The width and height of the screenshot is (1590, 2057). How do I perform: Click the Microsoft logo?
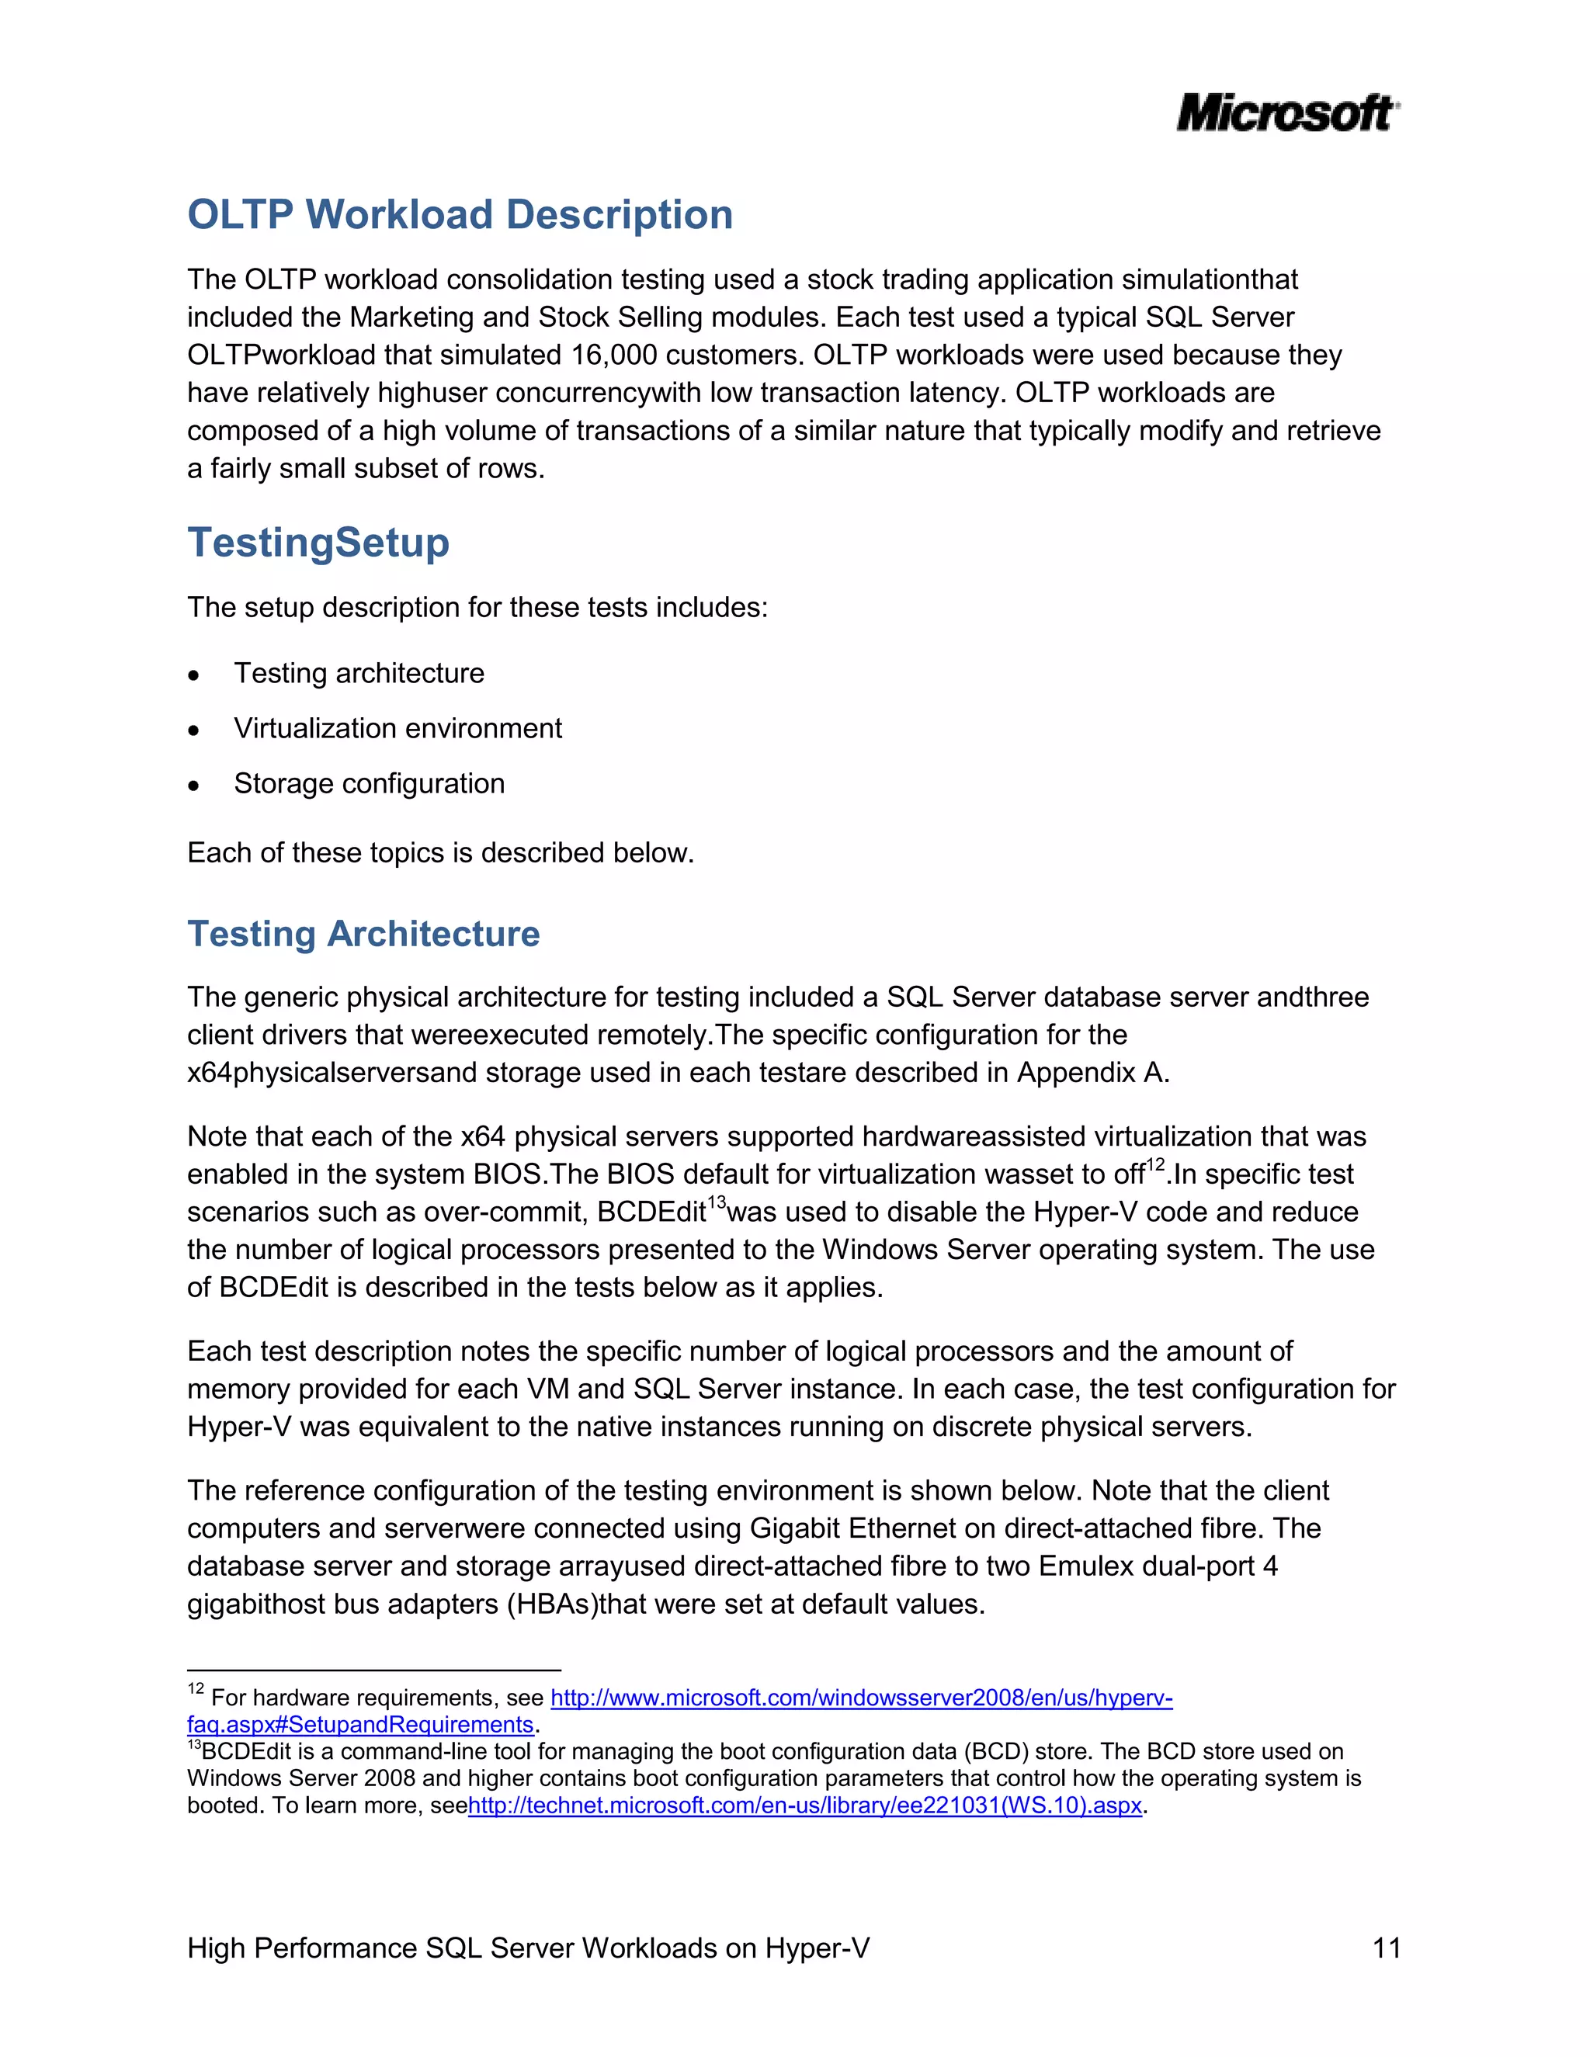coord(1286,113)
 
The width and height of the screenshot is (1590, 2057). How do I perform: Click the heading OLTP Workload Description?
coord(460,215)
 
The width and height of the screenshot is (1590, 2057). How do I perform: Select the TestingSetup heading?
coord(318,543)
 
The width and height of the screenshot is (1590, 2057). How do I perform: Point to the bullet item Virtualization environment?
coord(397,728)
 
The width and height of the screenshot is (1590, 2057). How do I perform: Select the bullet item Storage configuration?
coord(370,784)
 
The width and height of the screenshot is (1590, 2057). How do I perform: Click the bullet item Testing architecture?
coord(359,674)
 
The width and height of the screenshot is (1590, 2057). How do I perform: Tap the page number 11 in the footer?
coord(1387,1948)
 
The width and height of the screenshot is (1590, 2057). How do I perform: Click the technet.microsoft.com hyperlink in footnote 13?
coord(804,1806)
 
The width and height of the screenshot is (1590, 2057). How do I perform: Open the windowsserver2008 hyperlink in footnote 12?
coord(861,1698)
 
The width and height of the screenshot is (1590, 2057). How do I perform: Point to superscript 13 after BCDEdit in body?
coord(717,1202)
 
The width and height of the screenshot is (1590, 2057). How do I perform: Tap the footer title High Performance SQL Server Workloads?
coord(527,1948)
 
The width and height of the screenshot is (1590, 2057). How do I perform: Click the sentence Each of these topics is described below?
coord(440,852)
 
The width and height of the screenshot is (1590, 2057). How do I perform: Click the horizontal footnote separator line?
coord(374,1670)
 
